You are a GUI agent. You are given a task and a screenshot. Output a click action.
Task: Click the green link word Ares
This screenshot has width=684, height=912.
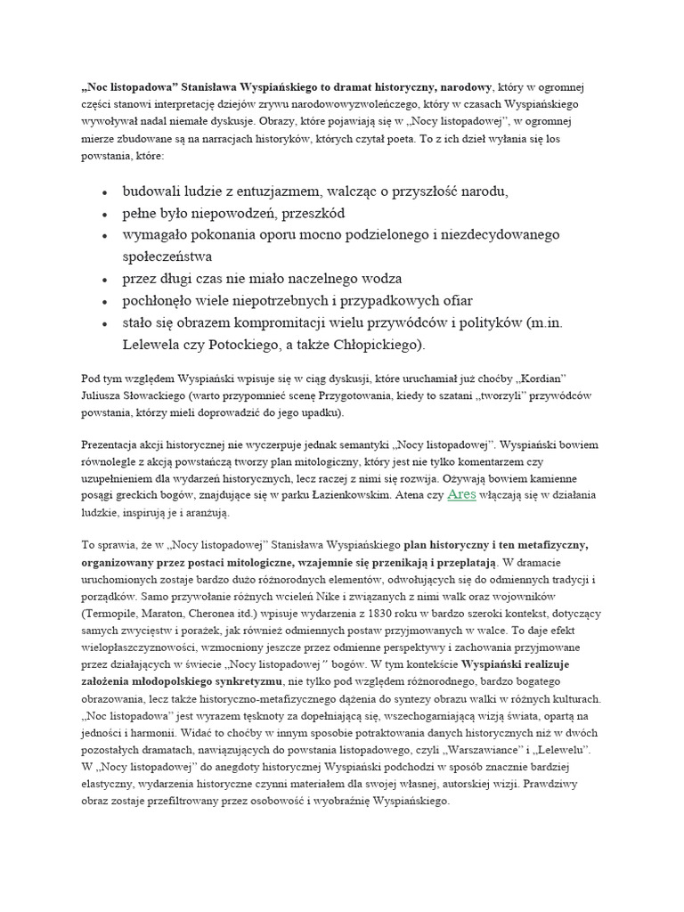(461, 494)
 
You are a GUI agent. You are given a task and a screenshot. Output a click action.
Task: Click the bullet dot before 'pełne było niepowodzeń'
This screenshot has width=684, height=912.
(105, 215)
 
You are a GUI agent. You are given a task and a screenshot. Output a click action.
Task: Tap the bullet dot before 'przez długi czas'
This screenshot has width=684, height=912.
(105, 279)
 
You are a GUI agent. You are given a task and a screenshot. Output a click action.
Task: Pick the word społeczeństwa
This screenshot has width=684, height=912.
(174, 256)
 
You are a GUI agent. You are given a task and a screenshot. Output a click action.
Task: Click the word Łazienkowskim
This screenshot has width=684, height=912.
(345, 495)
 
